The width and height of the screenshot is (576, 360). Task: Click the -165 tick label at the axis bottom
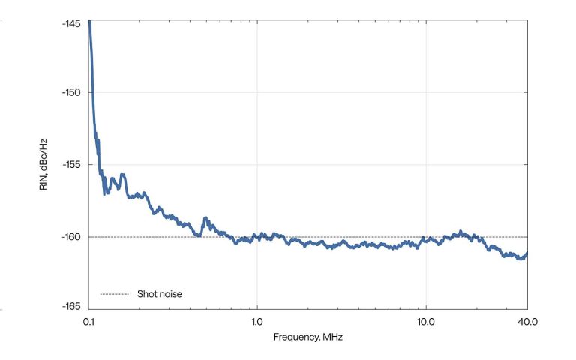[73, 306]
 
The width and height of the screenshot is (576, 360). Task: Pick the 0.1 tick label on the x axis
[88, 321]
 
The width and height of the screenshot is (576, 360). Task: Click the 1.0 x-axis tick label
[257, 321]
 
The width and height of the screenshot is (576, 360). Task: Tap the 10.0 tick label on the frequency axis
[426, 321]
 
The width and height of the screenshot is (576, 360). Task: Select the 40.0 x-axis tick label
[527, 321]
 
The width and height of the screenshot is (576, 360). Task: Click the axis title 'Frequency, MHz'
[308, 337]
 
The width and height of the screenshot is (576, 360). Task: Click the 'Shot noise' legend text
[159, 294]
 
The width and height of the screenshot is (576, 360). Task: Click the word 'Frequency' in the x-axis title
[294, 337]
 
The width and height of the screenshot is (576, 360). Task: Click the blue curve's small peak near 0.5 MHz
[206, 218]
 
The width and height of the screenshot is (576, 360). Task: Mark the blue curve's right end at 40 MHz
[527, 253]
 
